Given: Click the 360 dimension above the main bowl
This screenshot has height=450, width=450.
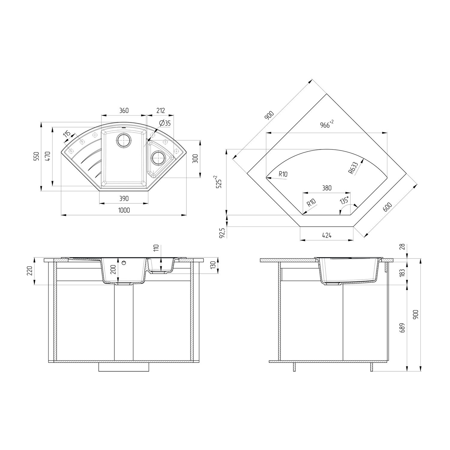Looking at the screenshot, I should (x=124, y=111).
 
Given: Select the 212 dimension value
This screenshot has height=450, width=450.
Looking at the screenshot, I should (x=160, y=111).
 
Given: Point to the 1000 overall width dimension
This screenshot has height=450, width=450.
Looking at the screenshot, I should (x=124, y=210).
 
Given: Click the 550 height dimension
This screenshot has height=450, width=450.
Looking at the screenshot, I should (x=37, y=157).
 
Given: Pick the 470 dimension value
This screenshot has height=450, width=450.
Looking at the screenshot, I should (x=48, y=157).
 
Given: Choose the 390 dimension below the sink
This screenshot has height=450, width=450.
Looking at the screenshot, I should (x=124, y=199).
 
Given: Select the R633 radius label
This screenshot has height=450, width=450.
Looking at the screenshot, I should (x=353, y=168).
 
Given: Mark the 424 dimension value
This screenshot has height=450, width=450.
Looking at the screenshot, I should (x=327, y=235).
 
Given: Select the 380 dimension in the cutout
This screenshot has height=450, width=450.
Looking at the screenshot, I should (x=327, y=188).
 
